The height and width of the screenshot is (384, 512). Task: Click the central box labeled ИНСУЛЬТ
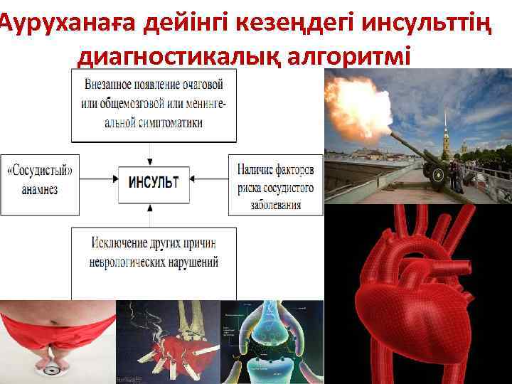[153, 181]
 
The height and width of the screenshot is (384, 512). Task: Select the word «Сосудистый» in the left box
[44, 171]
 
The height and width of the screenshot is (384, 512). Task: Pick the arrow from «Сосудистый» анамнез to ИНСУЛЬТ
[100, 181]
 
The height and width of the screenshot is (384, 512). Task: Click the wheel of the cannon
[435, 175]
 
